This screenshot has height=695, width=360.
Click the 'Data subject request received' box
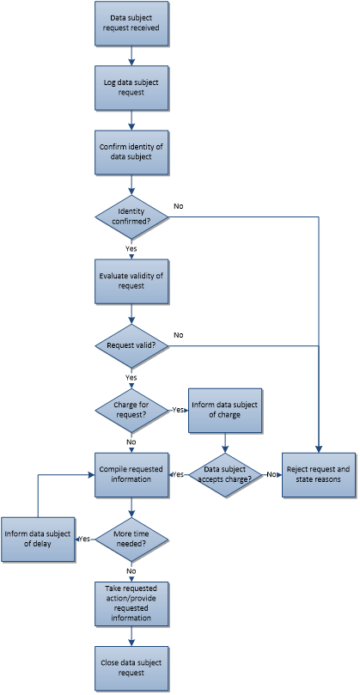point(131,23)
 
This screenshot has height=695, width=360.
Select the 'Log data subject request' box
point(131,88)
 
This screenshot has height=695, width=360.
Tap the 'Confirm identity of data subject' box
point(131,152)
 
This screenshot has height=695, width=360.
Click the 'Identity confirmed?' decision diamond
point(131,216)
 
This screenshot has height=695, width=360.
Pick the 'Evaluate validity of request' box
point(131,281)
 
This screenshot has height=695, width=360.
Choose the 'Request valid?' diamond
point(131,345)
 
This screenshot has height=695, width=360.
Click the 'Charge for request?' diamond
point(131,411)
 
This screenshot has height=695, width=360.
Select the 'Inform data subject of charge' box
point(225,411)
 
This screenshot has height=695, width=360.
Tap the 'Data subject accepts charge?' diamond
point(225,475)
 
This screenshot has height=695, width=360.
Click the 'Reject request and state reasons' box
point(319,475)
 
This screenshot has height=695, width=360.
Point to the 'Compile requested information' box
point(131,475)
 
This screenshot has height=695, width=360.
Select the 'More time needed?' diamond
point(131,539)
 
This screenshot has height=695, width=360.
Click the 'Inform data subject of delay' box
point(38,539)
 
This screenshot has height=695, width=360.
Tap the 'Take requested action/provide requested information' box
point(131,603)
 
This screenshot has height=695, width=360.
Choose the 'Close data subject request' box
point(131,668)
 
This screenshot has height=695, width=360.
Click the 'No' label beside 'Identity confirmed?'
point(178,206)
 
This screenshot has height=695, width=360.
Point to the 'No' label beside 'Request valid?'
point(178,335)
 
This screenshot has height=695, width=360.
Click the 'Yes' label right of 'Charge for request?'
point(178,410)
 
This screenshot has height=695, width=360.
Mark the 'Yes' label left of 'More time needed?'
point(84,539)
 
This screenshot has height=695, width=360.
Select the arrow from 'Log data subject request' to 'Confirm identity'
point(131,119)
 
